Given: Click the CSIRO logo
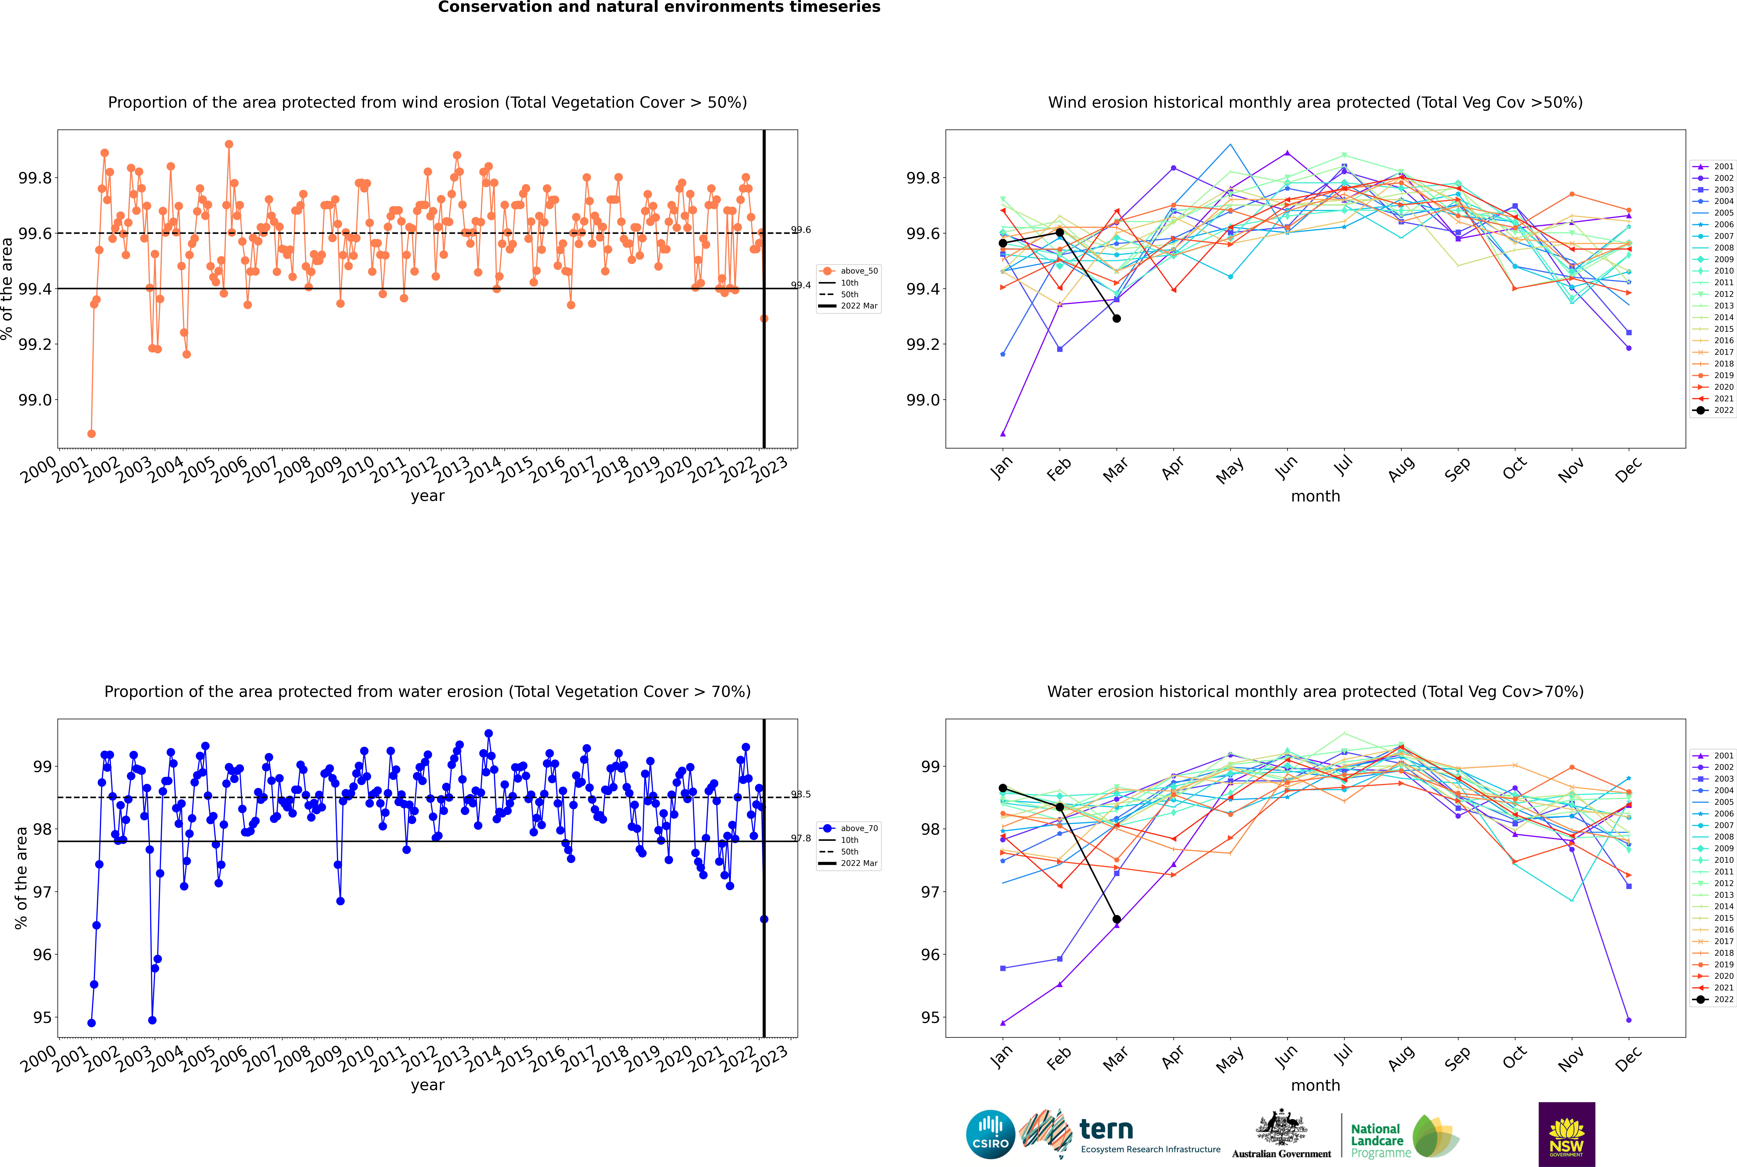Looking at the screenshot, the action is [990, 1134].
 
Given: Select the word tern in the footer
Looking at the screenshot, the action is [1106, 1130].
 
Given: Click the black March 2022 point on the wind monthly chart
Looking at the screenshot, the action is [1116, 319].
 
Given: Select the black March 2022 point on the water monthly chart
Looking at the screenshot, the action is [1116, 919].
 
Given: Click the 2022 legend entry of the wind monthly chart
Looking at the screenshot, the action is [1713, 410].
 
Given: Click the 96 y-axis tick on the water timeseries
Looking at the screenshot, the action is [43, 955].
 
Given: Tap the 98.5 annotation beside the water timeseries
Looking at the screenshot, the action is [801, 794].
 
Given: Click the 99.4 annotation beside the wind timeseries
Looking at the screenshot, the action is [801, 285].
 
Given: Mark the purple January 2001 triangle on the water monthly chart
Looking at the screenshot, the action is [1003, 1023].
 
